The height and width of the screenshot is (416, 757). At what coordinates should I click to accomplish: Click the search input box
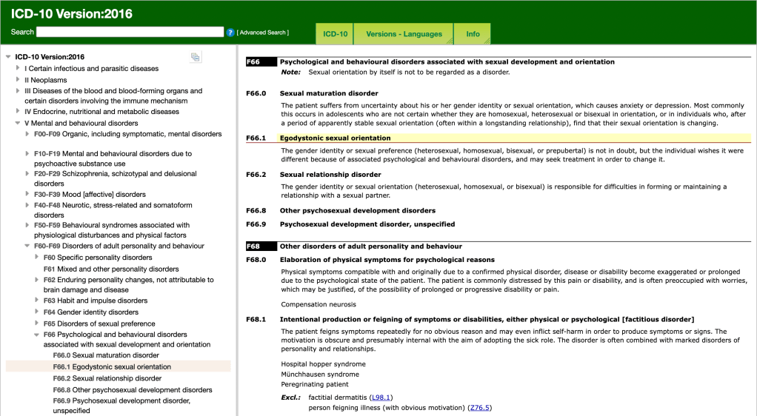130,32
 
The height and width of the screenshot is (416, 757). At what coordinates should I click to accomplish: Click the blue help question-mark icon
230,33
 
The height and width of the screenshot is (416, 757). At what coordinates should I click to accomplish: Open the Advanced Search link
263,33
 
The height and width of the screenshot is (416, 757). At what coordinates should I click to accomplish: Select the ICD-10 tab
335,34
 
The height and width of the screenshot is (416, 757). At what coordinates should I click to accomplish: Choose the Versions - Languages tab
404,34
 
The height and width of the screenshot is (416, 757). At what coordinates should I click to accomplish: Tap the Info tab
473,34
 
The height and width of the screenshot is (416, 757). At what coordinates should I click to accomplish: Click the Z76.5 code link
479,408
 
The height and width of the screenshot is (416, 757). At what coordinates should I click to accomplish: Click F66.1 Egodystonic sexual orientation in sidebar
112,366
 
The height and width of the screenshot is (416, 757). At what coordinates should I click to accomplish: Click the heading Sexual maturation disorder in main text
329,93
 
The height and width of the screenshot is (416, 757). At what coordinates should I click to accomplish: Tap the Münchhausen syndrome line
320,375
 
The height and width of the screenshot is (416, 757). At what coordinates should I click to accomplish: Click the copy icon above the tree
196,57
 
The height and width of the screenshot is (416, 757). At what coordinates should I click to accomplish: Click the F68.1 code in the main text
256,319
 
